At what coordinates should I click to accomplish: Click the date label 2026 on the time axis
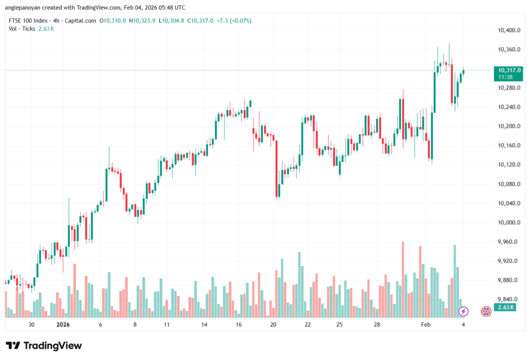63,325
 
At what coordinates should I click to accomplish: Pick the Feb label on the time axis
425,325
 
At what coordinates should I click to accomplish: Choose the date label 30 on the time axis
32,325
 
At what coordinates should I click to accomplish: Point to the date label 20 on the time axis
273,325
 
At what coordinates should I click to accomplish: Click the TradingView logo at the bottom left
44,346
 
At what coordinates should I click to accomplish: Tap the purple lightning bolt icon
463,311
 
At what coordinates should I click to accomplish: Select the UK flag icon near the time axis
486,311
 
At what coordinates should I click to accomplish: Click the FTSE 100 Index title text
28,21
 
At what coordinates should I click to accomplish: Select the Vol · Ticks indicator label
22,28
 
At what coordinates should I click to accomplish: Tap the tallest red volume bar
402,279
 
